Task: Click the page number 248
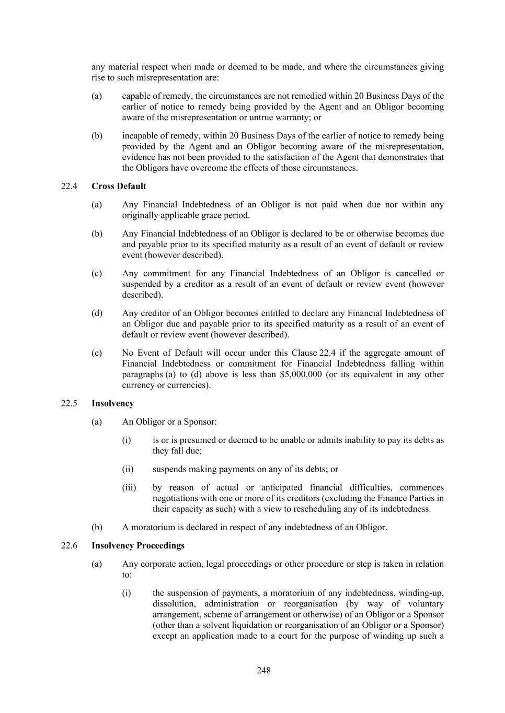pyautogui.click(x=263, y=671)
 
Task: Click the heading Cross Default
pyautogui.click(x=119, y=186)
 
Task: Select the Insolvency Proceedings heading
pyautogui.click(x=137, y=546)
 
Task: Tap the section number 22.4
pyautogui.click(x=69, y=186)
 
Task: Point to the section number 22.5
pyautogui.click(x=69, y=404)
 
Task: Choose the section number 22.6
pyautogui.click(x=69, y=546)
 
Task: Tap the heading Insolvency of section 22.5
pyautogui.click(x=112, y=404)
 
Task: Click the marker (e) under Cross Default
pyautogui.click(x=97, y=353)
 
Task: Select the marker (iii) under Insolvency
pyautogui.click(x=129, y=488)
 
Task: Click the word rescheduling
pyautogui.click(x=338, y=509)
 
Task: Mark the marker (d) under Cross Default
pyautogui.click(x=97, y=313)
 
